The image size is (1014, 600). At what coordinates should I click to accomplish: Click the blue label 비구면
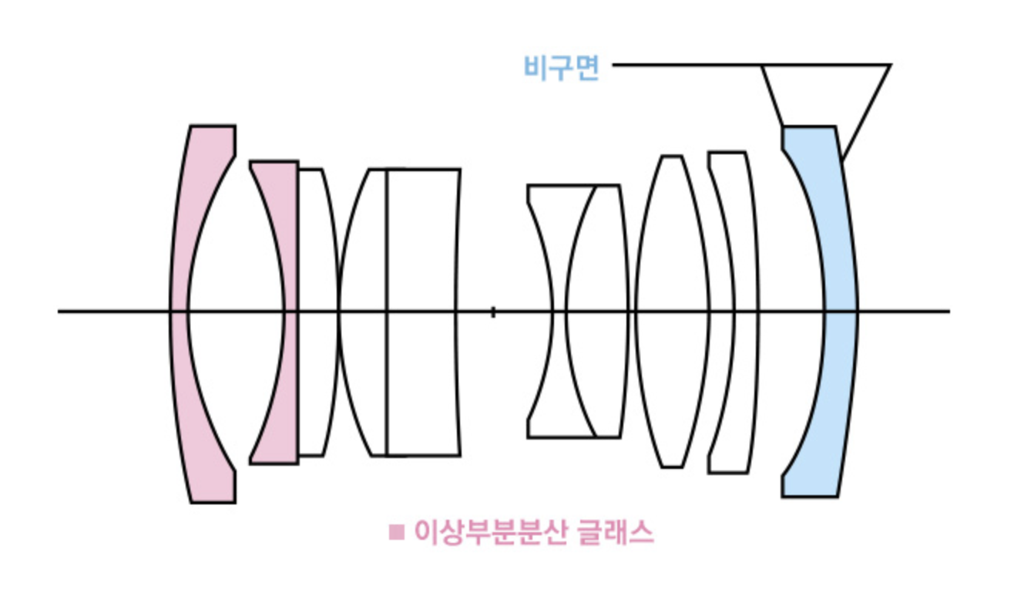(x=561, y=68)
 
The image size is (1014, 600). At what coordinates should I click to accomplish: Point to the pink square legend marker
(x=397, y=532)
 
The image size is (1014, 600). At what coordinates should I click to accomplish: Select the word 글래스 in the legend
(x=616, y=532)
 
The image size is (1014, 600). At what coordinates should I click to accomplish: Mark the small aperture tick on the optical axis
(x=493, y=312)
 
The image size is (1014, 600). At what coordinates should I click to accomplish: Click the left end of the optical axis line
(x=60, y=312)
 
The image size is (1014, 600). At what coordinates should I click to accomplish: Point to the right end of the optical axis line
(x=948, y=312)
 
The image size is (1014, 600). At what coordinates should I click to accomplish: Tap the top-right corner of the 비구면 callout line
(x=890, y=66)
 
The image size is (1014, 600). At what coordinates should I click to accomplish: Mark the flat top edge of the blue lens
(x=808, y=127)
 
